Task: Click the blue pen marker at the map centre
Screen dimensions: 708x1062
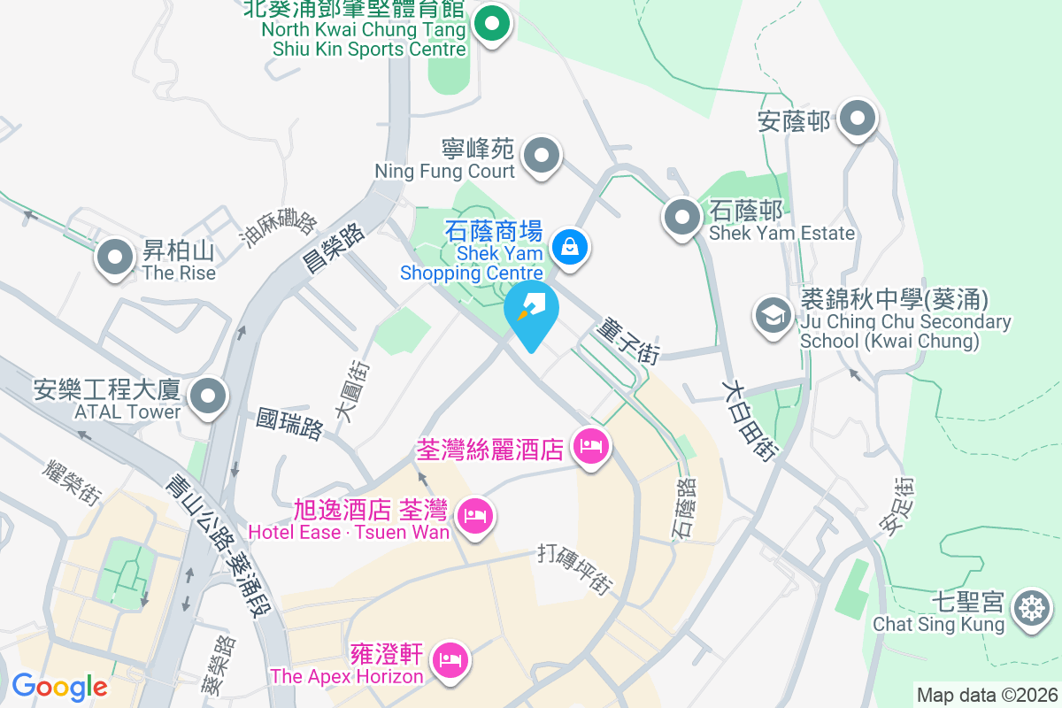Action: point(532,312)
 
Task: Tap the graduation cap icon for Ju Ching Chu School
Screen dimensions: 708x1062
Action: point(773,315)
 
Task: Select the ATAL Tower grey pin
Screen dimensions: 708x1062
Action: point(210,396)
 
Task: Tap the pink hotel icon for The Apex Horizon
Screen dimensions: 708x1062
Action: point(450,660)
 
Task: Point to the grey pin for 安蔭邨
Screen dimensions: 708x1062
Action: point(857,119)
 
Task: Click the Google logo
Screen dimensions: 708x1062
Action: point(59,686)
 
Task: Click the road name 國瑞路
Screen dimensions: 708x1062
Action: point(289,423)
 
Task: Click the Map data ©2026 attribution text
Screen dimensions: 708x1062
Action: point(986,696)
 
